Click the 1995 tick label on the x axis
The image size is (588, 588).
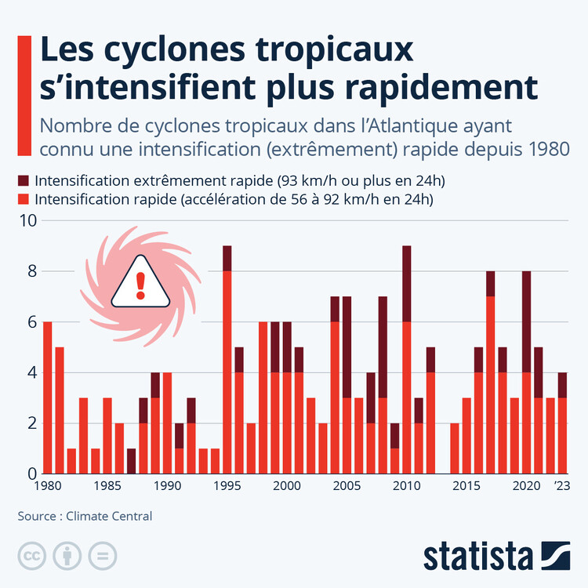click(x=227, y=486)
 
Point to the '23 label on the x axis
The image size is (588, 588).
click(x=562, y=486)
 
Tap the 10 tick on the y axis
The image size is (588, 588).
click(x=27, y=221)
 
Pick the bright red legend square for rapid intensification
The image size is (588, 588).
click(x=24, y=199)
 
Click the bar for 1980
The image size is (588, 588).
click(x=48, y=397)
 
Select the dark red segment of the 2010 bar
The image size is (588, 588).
click(x=406, y=284)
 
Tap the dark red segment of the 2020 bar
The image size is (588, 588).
click(x=526, y=321)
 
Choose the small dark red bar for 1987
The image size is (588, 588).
click(x=131, y=461)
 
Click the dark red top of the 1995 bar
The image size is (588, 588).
click(x=227, y=259)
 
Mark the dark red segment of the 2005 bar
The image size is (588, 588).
click(x=347, y=347)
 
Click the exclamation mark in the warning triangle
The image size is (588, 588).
click(x=140, y=285)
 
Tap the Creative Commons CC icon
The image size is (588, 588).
click(x=32, y=555)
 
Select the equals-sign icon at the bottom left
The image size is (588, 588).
click(x=100, y=555)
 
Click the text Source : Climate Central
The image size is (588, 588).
click(x=85, y=516)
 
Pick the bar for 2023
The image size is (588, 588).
click(x=562, y=423)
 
